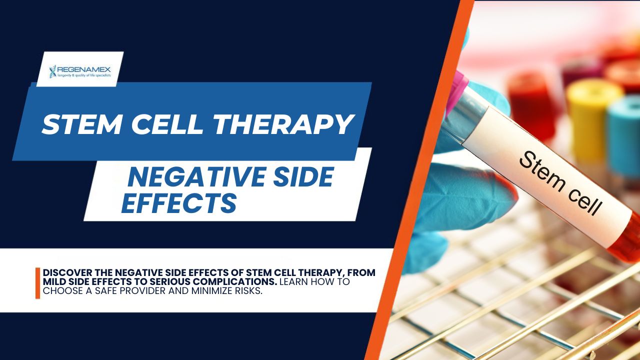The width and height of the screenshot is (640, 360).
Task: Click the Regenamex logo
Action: (79, 71)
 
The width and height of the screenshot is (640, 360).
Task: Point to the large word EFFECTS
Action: (179, 203)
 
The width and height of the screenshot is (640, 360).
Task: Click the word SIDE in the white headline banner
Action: (303, 177)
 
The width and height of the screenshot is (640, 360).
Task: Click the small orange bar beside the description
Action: (37, 283)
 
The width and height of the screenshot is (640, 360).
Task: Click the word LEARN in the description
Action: (293, 281)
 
